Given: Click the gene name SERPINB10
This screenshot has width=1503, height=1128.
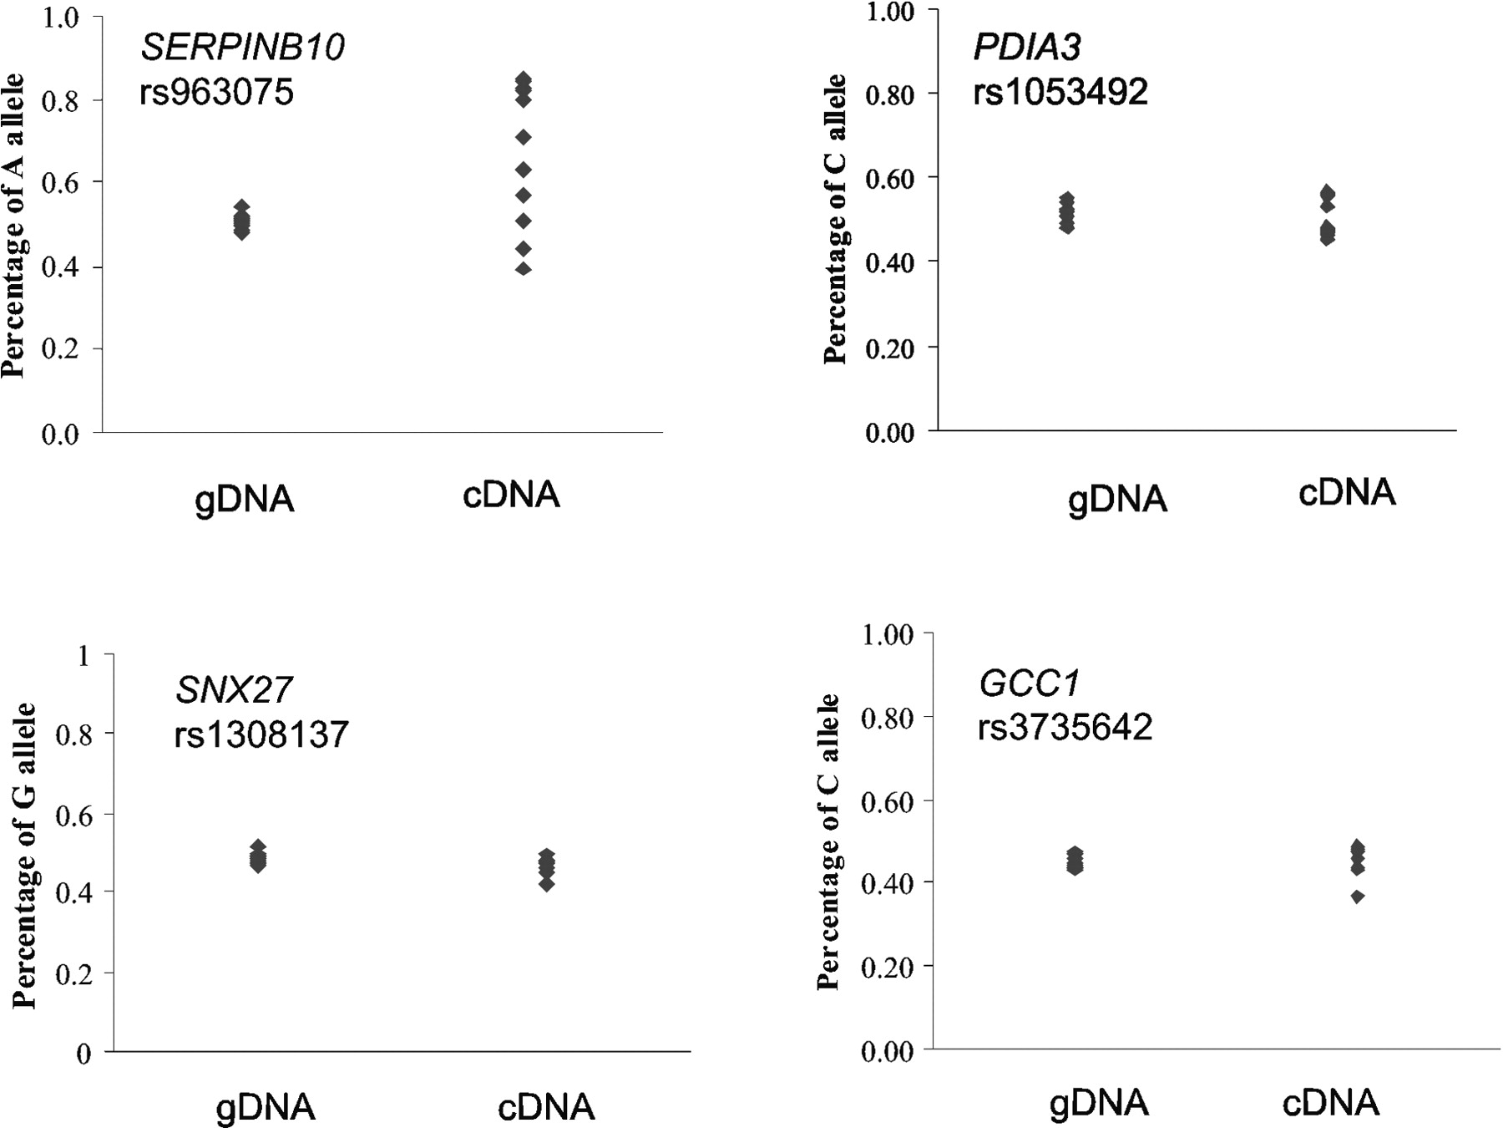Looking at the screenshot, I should click(242, 48).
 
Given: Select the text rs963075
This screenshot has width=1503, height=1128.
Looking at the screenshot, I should click(216, 92).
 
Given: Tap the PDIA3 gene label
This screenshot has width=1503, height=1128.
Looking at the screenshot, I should click(1027, 47).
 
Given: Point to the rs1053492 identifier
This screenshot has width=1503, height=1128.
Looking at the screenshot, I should click(1060, 91).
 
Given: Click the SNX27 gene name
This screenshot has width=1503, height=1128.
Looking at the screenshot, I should click(234, 690).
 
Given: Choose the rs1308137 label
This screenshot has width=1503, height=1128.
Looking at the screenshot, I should click(261, 734).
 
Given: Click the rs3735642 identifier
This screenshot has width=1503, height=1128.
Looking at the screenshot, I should click(1065, 727).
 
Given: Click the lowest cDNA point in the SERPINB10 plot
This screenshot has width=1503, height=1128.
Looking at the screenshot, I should click(524, 268).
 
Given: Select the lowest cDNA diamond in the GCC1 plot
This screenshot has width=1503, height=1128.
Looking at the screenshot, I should click(1358, 897).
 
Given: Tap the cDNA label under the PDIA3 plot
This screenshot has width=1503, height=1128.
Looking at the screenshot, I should click(1347, 492).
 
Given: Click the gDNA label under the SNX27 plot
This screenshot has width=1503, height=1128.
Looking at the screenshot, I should click(266, 1107).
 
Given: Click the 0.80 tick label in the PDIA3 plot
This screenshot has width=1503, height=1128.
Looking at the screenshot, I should click(890, 95).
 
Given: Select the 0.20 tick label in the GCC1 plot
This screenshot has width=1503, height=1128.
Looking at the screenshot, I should click(887, 967).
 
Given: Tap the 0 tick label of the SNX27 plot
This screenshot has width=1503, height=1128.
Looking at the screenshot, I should click(83, 1054).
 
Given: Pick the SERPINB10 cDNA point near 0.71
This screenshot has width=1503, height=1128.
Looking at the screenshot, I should click(524, 136).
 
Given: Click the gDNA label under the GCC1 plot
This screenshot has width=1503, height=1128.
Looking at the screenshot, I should click(1099, 1104).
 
